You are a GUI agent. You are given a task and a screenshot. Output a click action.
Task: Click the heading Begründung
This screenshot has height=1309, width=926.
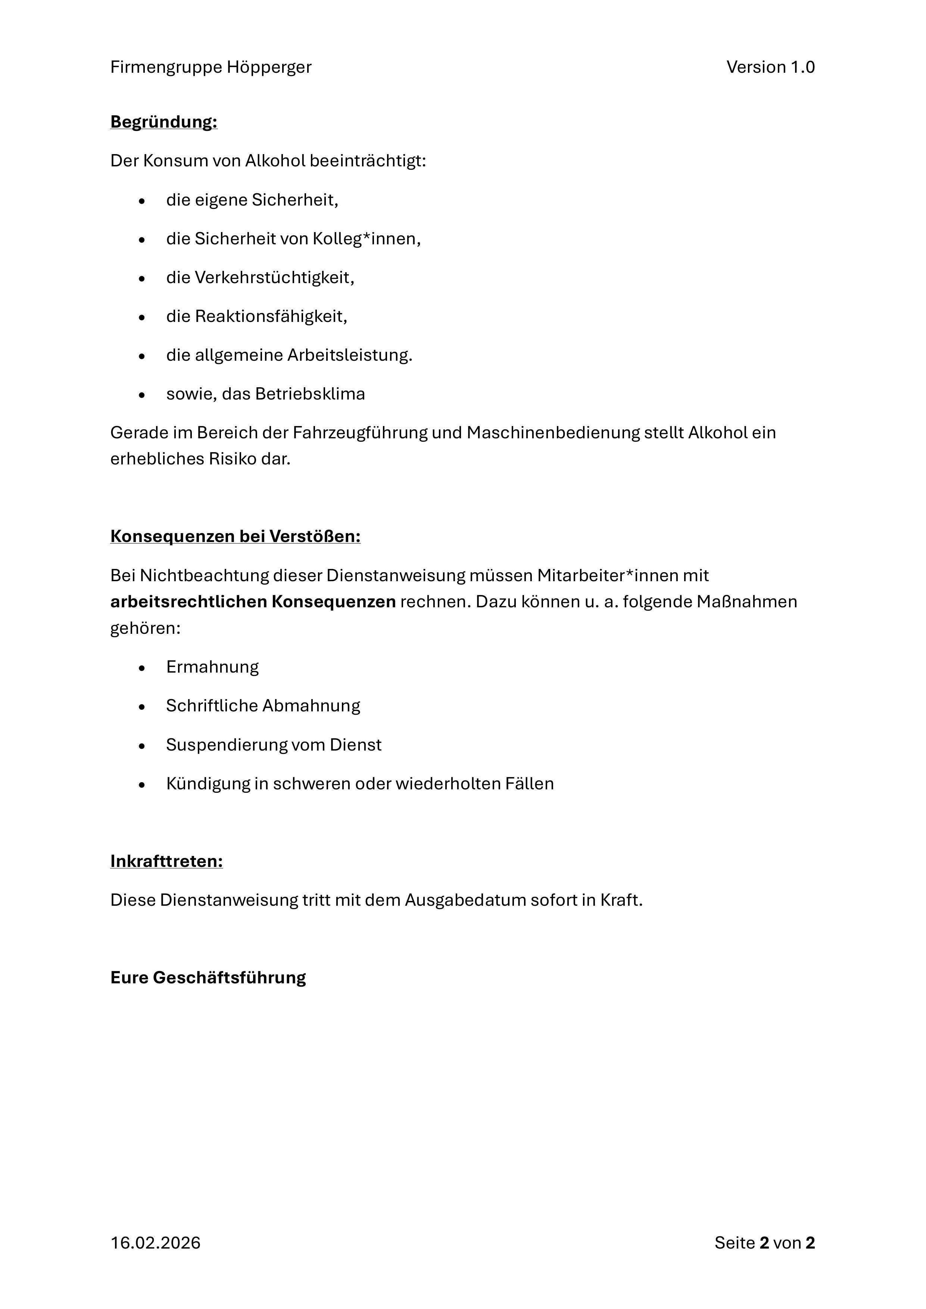click(x=164, y=122)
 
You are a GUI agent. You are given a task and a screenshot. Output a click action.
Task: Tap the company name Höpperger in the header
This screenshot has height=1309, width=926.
click(x=269, y=67)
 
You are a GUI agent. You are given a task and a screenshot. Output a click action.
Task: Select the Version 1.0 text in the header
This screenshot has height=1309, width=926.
click(x=770, y=67)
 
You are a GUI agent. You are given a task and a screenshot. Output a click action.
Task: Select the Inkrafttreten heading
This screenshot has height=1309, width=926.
click(x=166, y=861)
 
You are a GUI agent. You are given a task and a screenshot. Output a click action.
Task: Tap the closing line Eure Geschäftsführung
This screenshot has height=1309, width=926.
click(x=208, y=977)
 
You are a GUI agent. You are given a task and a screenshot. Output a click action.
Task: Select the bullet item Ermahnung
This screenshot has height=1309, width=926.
click(x=212, y=667)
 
